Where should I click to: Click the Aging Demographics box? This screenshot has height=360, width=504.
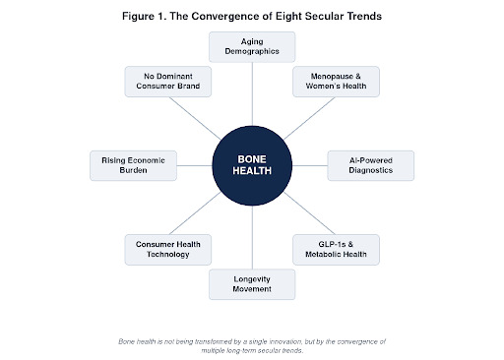(x=252, y=47)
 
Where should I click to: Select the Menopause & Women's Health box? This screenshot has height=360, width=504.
(x=336, y=82)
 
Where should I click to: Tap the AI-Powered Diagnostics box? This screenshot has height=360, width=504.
(x=371, y=165)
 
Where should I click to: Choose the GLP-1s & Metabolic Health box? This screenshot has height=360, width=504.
(x=336, y=250)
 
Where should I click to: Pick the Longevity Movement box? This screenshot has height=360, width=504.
(x=252, y=284)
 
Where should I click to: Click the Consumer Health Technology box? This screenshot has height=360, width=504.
(x=168, y=250)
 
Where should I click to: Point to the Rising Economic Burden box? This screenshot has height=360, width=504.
(x=133, y=165)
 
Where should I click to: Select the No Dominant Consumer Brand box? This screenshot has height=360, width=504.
(x=168, y=82)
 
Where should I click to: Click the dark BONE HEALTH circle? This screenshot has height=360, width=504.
(x=252, y=165)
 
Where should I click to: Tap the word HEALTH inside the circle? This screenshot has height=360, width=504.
(x=252, y=171)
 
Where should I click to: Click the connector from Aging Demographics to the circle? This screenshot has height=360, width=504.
(x=252, y=94)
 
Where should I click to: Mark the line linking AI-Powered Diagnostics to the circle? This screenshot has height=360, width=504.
(x=310, y=165)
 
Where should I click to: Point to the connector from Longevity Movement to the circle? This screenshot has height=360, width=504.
(x=252, y=237)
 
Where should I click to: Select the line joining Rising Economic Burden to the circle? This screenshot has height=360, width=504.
(x=195, y=165)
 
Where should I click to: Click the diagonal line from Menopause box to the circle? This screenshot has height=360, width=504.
(x=309, y=118)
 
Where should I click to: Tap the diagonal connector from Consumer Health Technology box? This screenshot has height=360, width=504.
(x=195, y=213)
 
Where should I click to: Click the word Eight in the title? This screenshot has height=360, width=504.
(x=288, y=16)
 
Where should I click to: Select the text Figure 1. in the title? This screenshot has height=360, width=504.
(x=145, y=16)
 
